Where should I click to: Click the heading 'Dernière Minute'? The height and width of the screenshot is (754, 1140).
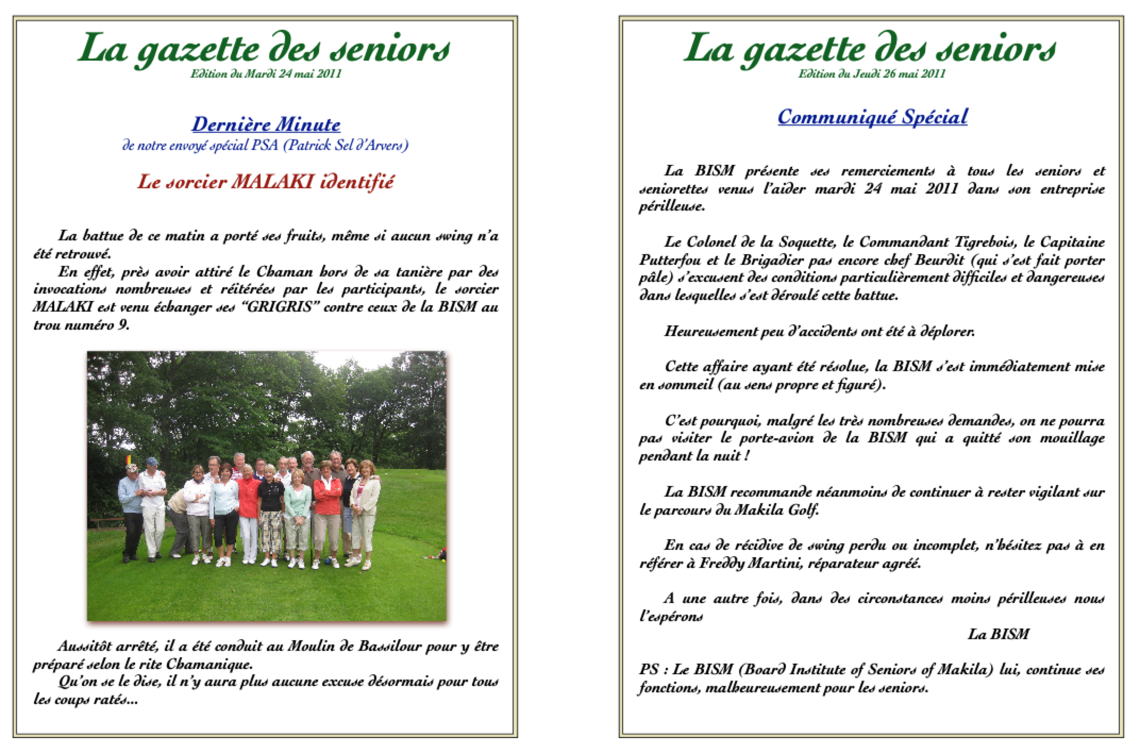pos(266,125)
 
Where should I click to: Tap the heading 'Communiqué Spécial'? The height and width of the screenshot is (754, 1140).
pos(873,117)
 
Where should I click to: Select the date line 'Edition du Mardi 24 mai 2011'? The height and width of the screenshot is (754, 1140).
pos(266,74)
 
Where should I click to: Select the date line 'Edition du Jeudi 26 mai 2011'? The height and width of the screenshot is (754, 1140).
pos(872,74)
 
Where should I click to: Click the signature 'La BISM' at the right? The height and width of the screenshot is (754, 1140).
pos(998,634)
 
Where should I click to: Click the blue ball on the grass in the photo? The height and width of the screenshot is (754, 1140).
pos(316,562)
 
